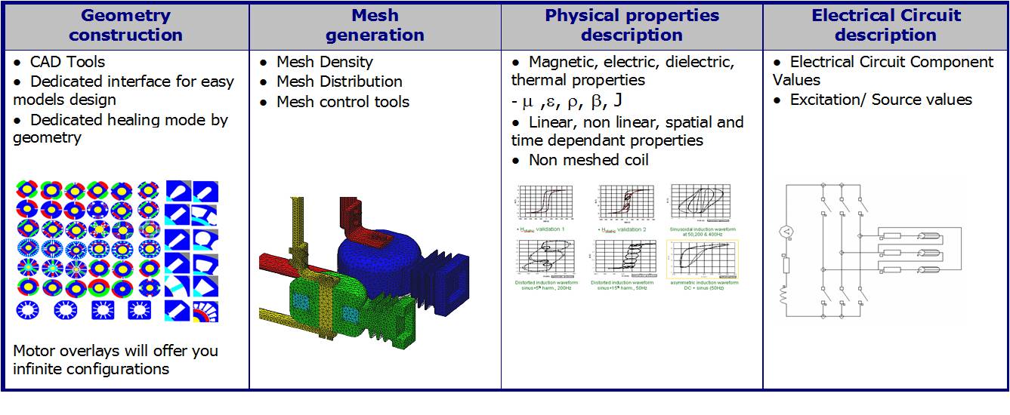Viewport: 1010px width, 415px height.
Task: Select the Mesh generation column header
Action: (x=375, y=25)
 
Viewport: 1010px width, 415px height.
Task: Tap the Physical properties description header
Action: (x=632, y=25)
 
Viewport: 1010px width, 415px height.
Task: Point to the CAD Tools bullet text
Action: (x=67, y=62)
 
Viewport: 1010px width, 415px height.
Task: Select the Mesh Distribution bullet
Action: (x=339, y=81)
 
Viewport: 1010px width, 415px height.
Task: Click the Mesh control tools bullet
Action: (x=343, y=102)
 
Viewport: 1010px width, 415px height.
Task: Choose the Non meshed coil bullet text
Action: (x=588, y=160)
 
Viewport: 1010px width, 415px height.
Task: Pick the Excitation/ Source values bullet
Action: (x=881, y=100)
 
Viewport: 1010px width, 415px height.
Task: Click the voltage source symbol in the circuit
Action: (x=786, y=232)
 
